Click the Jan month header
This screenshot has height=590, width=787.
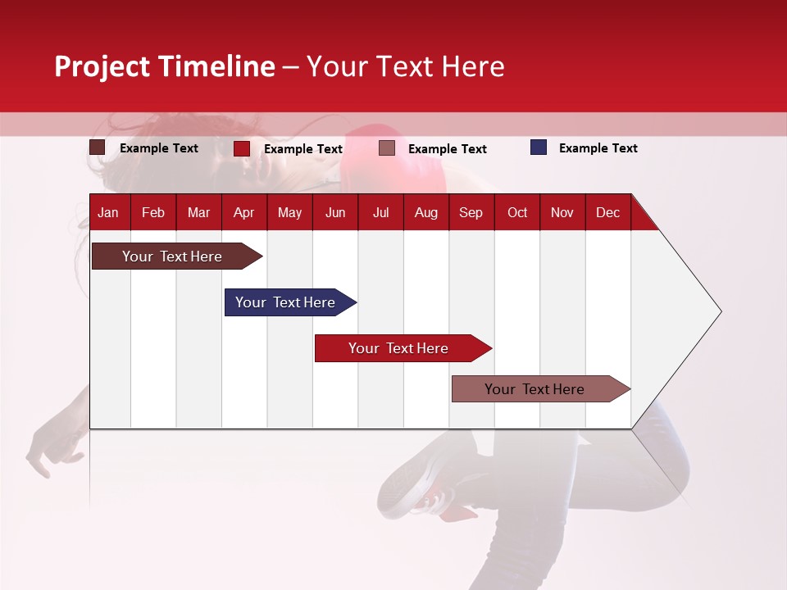pos(108,212)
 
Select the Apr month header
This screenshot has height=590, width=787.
pos(243,212)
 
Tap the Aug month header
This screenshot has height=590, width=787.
pos(425,212)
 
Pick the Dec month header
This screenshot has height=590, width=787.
pos(607,212)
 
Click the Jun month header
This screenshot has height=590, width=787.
pos(335,212)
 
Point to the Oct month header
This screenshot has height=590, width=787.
pos(517,212)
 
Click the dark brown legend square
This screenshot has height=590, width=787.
pos(97,147)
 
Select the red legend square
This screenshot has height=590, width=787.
pos(241,148)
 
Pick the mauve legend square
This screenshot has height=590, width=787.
pos(387,148)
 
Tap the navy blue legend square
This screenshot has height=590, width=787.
pos(538,147)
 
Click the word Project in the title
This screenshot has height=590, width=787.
pos(102,66)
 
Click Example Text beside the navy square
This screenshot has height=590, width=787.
pos(598,148)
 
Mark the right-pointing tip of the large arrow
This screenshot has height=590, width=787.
pos(719,311)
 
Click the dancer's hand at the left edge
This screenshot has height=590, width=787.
pos(49,447)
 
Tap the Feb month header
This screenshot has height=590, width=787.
pos(153,212)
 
